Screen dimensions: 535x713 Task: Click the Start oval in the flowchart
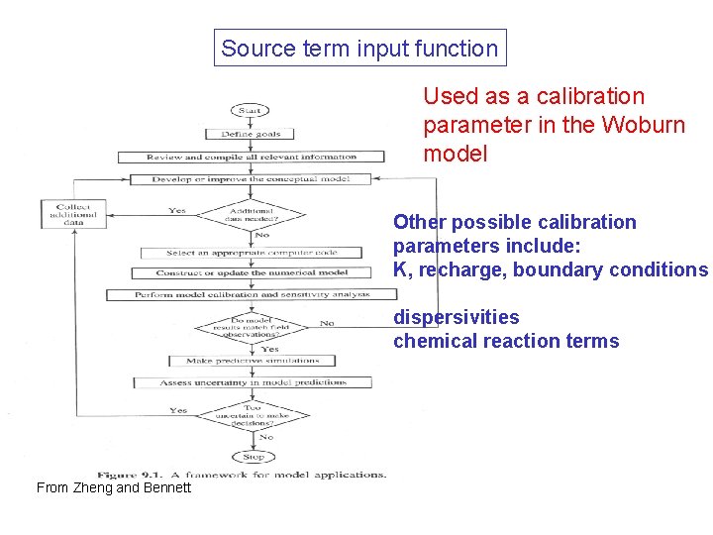[251, 110]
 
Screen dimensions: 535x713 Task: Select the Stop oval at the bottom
[254, 457]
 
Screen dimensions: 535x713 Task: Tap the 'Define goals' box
[251, 134]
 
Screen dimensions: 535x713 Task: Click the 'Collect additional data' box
[73, 215]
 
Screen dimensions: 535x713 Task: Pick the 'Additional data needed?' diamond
[251, 214]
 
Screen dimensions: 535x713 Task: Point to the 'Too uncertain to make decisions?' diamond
[254, 414]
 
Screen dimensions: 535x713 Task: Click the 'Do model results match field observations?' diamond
[254, 325]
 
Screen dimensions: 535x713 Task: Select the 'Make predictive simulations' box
[254, 361]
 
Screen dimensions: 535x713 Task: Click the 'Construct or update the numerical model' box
[252, 272]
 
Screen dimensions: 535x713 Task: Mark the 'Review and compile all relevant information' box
[252, 157]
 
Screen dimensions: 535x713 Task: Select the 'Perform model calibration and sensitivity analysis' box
[252, 294]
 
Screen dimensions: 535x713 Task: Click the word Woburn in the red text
[646, 126]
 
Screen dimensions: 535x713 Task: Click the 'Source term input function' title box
[359, 48]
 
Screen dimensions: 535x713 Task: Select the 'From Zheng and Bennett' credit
[113, 487]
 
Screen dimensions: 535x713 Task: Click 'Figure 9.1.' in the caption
[131, 474]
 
